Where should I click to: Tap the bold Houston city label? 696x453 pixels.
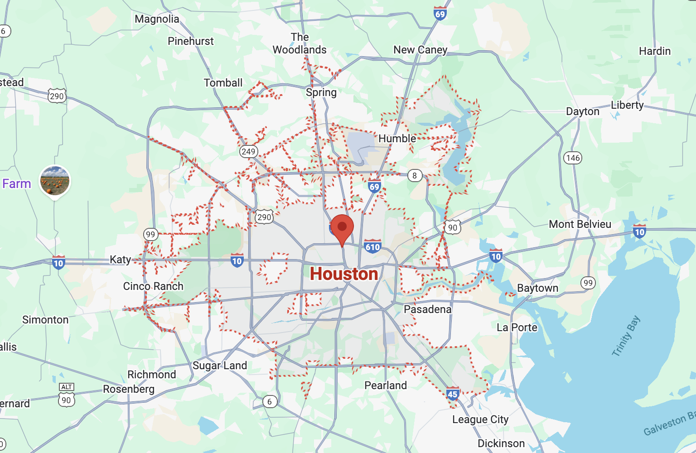point(344,274)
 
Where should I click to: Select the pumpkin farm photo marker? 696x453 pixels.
point(55,180)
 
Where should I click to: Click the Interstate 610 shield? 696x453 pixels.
point(372,246)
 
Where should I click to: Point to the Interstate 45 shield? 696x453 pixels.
point(453,394)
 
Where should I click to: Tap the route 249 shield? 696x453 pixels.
point(248,151)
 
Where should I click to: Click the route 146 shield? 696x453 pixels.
point(573,158)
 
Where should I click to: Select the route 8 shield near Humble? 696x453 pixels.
point(415,175)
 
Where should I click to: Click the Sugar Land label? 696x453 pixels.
point(220,366)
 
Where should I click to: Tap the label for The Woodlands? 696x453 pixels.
point(300,43)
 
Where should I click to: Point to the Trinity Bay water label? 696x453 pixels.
point(626,336)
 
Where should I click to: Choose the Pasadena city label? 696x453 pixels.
point(428,309)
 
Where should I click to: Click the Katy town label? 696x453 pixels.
point(120,260)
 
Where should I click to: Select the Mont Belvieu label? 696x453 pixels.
point(580,224)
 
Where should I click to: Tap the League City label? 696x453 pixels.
point(480,419)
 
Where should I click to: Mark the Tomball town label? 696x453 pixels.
point(223,83)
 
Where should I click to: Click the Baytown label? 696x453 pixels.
point(537,288)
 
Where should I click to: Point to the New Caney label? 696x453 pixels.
point(420,50)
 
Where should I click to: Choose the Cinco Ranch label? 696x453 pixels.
point(153,286)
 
